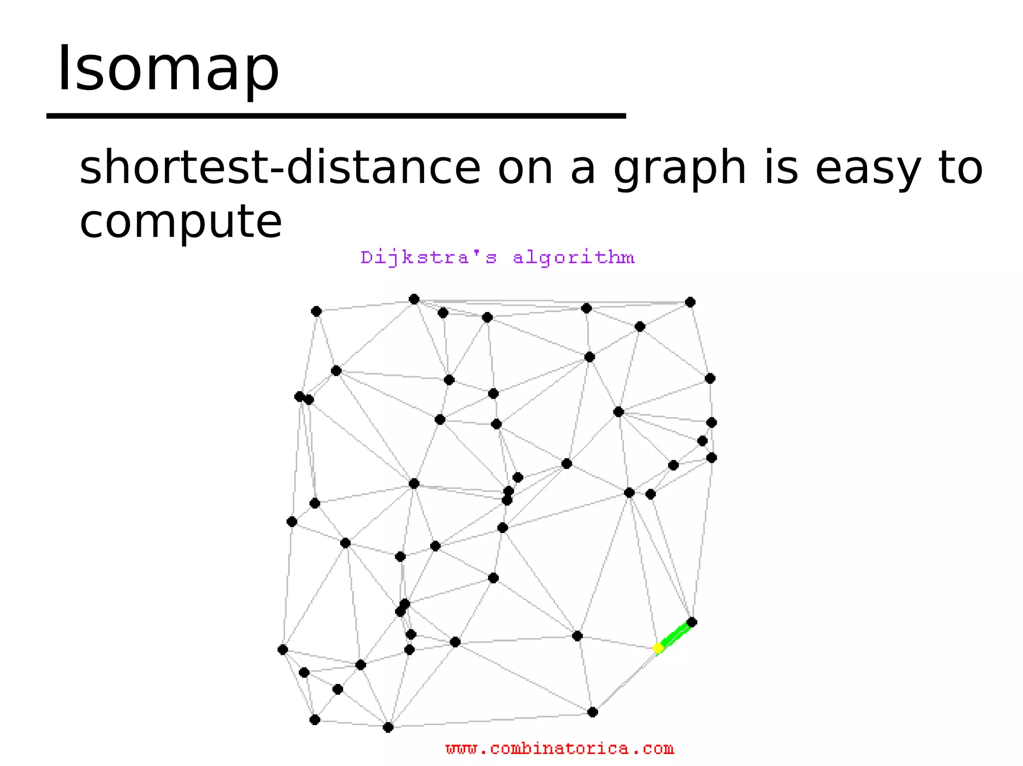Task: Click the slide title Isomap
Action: coord(168,69)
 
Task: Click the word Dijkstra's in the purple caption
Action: coord(429,257)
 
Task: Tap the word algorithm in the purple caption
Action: coord(574,257)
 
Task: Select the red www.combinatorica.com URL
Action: coord(559,749)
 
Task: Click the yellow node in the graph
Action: coord(658,648)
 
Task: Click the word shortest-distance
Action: coord(280,168)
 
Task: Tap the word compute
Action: coord(181,221)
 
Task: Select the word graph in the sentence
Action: coord(680,169)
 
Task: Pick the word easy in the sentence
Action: coord(868,169)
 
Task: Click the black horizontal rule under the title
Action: coord(336,116)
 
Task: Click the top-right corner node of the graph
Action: coord(690,302)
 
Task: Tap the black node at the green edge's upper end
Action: coord(692,622)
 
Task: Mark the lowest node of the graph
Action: coord(388,727)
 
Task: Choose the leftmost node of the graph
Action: coord(283,649)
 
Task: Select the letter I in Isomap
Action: coord(63,69)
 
